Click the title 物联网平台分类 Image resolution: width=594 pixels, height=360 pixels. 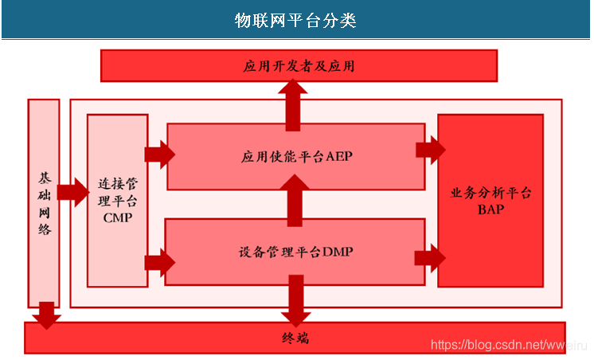295,20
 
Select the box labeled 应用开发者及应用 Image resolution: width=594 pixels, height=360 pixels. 299,65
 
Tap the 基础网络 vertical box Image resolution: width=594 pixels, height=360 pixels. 43,203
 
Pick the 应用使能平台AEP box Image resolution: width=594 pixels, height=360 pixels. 295,156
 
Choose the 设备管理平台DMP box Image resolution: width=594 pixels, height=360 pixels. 295,252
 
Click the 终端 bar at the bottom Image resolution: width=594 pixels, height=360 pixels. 295,338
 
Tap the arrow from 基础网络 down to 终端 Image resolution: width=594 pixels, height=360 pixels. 46,314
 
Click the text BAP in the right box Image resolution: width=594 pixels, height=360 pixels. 490,209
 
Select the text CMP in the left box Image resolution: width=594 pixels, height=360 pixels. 117,217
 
